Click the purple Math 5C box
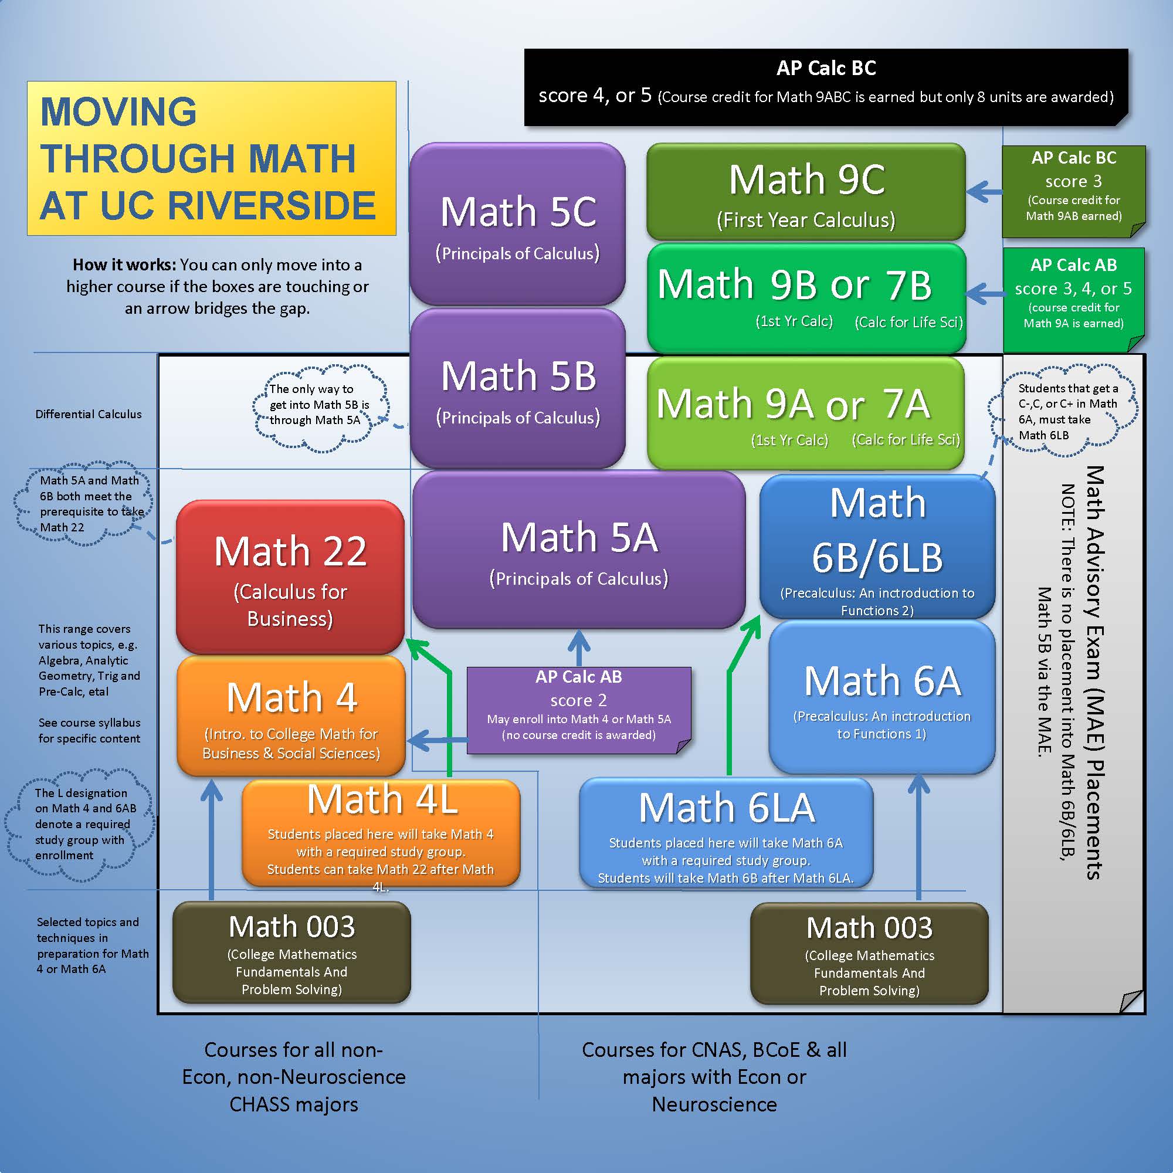517,223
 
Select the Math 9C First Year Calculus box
806,192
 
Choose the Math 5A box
579,550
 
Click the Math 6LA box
726,833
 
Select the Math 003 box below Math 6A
869,953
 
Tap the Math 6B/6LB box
877,547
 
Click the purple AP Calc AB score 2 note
579,709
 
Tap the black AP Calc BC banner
826,86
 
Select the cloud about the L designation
81,824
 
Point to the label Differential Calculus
89,414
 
